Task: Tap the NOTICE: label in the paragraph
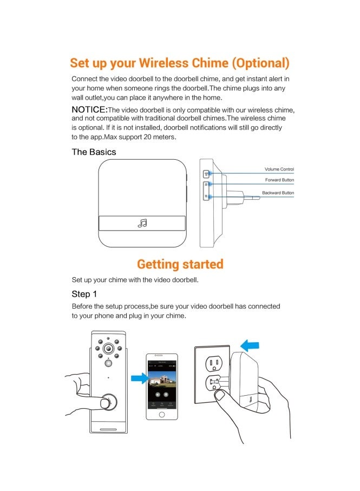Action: point(89,110)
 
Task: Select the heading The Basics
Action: point(94,152)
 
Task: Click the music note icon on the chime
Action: point(142,223)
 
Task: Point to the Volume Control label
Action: point(279,169)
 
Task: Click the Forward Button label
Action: point(279,180)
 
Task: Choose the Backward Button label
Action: point(278,193)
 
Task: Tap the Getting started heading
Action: point(180,264)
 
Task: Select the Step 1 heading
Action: point(84,294)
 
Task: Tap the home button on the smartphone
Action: point(161,414)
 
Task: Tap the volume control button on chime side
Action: point(206,174)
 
